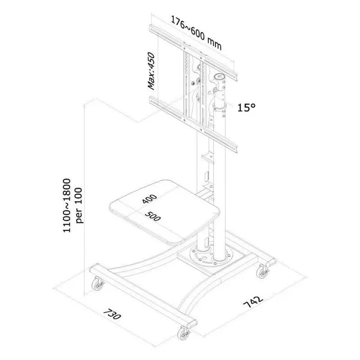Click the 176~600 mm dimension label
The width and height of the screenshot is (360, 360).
pos(196,32)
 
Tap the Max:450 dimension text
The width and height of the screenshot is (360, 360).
pos(151,71)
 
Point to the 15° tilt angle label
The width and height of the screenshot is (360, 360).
pos(246,107)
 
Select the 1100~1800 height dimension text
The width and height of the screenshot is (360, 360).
pos(67,206)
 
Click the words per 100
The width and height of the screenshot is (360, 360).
pos(79,206)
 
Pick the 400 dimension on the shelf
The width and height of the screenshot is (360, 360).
pos(150,199)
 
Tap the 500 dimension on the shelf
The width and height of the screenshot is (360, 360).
pos(153,217)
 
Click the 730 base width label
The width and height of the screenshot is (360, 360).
pos(112,315)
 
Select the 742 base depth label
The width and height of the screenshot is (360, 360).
pos(253,302)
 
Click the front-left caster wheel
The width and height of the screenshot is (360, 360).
pos(98,284)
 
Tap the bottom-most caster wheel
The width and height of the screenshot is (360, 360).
pos(184,333)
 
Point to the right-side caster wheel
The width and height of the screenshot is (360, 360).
pos(262,272)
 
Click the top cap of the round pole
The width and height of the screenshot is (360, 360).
pos(220,76)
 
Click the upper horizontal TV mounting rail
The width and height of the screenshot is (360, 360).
pos(193,53)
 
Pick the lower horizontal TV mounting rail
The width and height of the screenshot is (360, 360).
pos(193,124)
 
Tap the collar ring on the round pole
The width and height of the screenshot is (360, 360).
pos(220,107)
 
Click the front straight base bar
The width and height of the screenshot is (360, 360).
pos(143,296)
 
